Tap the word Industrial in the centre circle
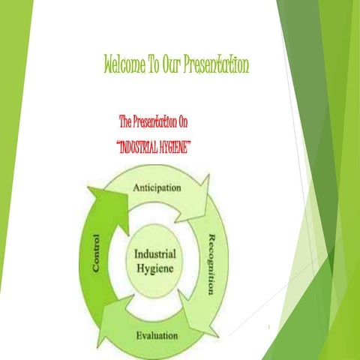(156, 253)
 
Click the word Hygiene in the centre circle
(156, 267)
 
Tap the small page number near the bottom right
(268, 327)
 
